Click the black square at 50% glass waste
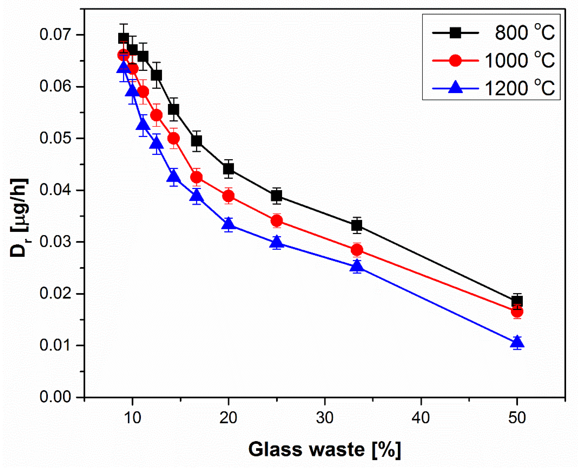tap(517, 301)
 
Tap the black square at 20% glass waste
tap(228, 169)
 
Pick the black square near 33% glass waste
tap(357, 225)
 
